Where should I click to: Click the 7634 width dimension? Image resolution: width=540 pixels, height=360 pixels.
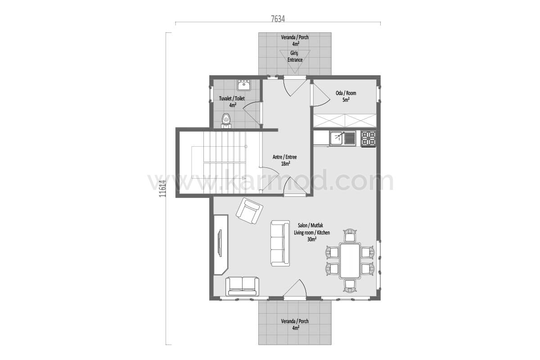pos(278,19)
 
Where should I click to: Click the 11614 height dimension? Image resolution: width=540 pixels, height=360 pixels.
pos(163,189)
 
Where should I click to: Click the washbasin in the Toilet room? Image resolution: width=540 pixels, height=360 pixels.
pos(244,85)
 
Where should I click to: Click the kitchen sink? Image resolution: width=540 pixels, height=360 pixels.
pos(342,138)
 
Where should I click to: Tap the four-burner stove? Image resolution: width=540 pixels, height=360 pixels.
pos(368,139)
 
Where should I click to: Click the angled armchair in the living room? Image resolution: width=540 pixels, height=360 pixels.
pos(249,211)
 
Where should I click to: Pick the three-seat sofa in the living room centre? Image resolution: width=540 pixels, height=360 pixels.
pos(280,243)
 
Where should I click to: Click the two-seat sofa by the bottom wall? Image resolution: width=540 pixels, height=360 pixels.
pos(242,286)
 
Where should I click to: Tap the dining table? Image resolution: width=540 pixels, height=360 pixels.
pos(350,261)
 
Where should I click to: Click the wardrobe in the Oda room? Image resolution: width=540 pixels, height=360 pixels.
pos(345,121)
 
